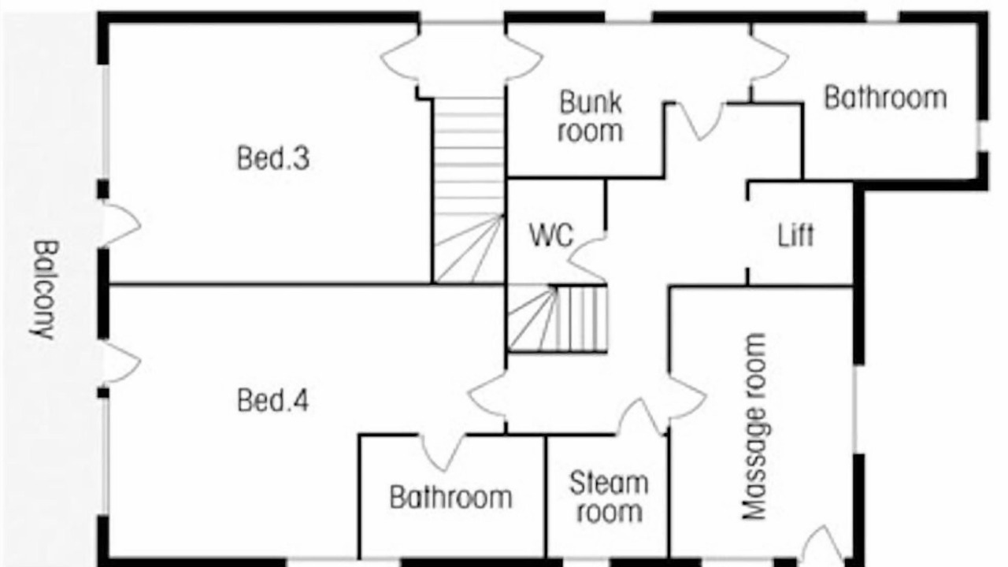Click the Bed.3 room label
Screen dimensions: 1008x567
[273, 158]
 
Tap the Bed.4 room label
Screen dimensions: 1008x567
[273, 401]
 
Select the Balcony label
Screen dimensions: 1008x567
[44, 291]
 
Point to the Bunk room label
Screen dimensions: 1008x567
[591, 117]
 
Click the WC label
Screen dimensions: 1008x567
[551, 235]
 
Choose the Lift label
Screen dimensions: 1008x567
[795, 235]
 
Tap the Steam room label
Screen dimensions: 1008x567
[610, 497]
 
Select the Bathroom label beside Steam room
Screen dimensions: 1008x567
[451, 497]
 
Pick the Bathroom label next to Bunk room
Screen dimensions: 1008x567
[885, 98]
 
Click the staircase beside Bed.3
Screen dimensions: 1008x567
[469, 191]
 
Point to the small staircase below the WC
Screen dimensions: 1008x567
[558, 318]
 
